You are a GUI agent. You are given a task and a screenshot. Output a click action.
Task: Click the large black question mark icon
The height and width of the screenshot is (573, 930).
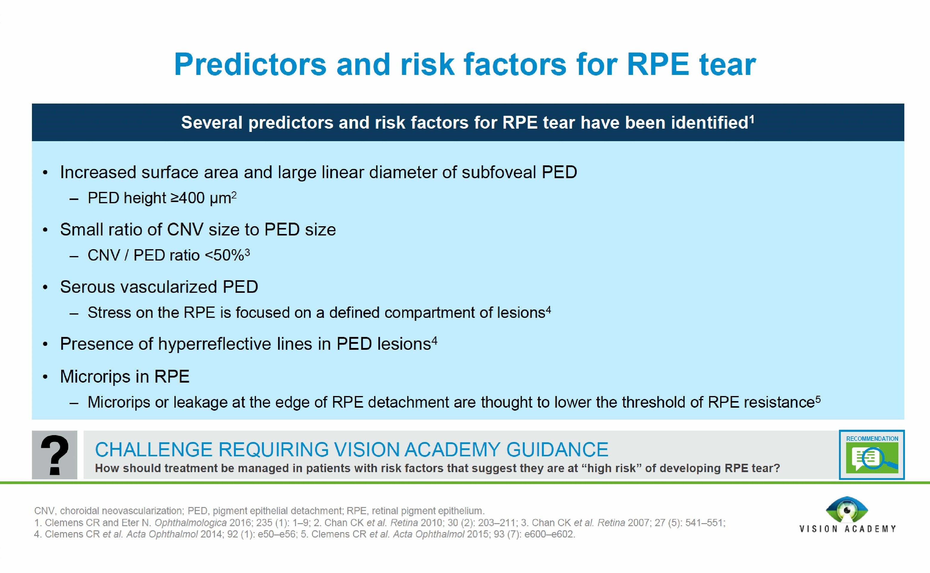[55, 455]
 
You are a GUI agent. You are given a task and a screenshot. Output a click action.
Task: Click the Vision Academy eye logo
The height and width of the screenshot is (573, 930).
[847, 510]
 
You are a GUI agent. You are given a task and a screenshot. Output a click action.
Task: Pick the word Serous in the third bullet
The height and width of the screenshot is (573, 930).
[87, 287]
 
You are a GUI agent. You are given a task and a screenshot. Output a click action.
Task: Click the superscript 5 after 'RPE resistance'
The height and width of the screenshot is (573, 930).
[818, 399]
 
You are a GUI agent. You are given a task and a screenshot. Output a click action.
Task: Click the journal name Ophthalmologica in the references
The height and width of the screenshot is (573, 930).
[190, 523]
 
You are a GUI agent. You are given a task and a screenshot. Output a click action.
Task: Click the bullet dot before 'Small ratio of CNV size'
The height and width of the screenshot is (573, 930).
[45, 230]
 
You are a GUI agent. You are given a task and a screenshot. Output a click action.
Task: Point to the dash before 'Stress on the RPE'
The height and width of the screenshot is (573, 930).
[74, 313]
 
